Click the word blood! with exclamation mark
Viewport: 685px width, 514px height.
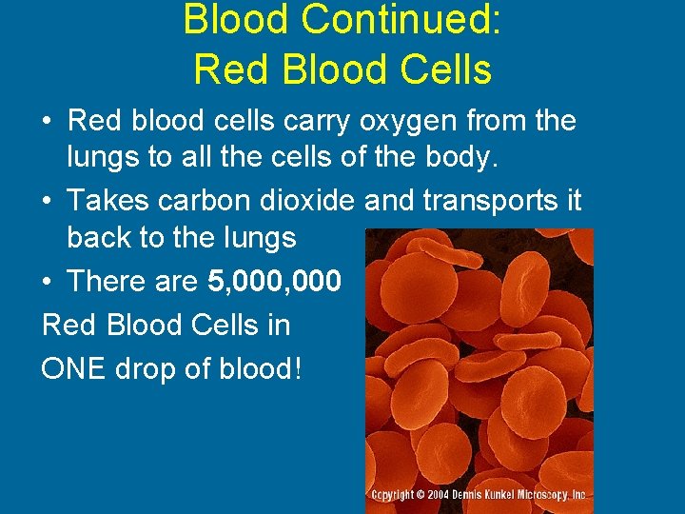(x=258, y=368)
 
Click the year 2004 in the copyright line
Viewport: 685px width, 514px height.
(x=440, y=496)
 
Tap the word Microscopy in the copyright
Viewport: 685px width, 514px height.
(x=545, y=496)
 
